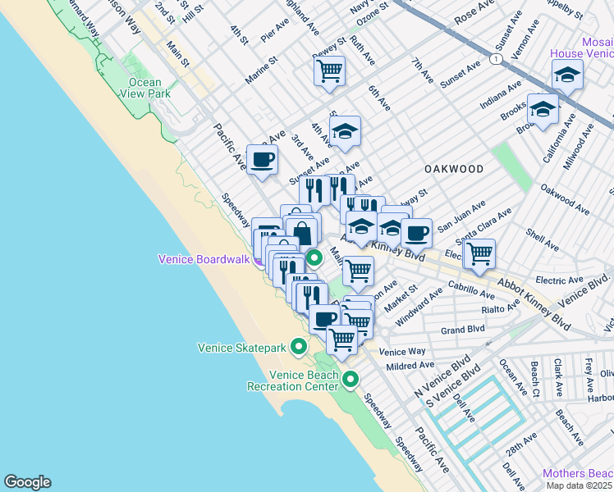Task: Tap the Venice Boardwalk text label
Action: tap(203, 260)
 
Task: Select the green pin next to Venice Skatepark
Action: tap(299, 347)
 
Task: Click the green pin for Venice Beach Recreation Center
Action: tap(351, 379)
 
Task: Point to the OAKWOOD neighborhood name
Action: tap(453, 169)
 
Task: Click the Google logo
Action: tap(27, 482)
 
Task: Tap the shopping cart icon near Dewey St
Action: tap(329, 71)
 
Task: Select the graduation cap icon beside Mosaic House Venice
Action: tap(567, 75)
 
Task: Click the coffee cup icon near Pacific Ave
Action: tap(263, 159)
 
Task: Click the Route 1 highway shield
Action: tap(496, 60)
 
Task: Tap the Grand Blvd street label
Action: tap(462, 331)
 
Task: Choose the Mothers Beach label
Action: tap(577, 474)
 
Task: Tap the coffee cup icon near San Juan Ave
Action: tap(417, 233)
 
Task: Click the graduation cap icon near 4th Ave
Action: tap(346, 130)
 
